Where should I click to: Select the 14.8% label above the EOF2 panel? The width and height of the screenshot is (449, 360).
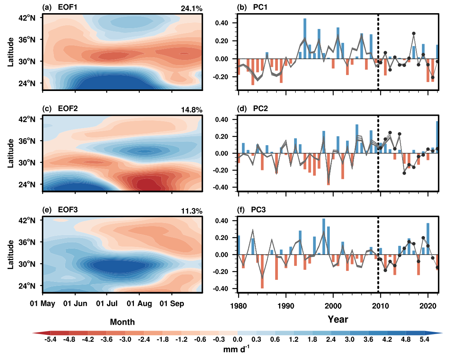pyautogui.click(x=191, y=110)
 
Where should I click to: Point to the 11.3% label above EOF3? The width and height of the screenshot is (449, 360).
pyautogui.click(x=191, y=211)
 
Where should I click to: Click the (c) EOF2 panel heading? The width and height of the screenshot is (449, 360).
pyautogui.click(x=60, y=110)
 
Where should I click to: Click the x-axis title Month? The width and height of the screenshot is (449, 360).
pyautogui.click(x=122, y=322)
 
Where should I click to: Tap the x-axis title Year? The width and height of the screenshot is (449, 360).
pyautogui.click(x=338, y=320)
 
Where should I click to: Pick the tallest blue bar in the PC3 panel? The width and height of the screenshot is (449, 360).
pyautogui.click(x=324, y=237)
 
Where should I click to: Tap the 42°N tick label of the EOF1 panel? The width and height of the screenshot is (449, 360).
pyautogui.click(x=29, y=18)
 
